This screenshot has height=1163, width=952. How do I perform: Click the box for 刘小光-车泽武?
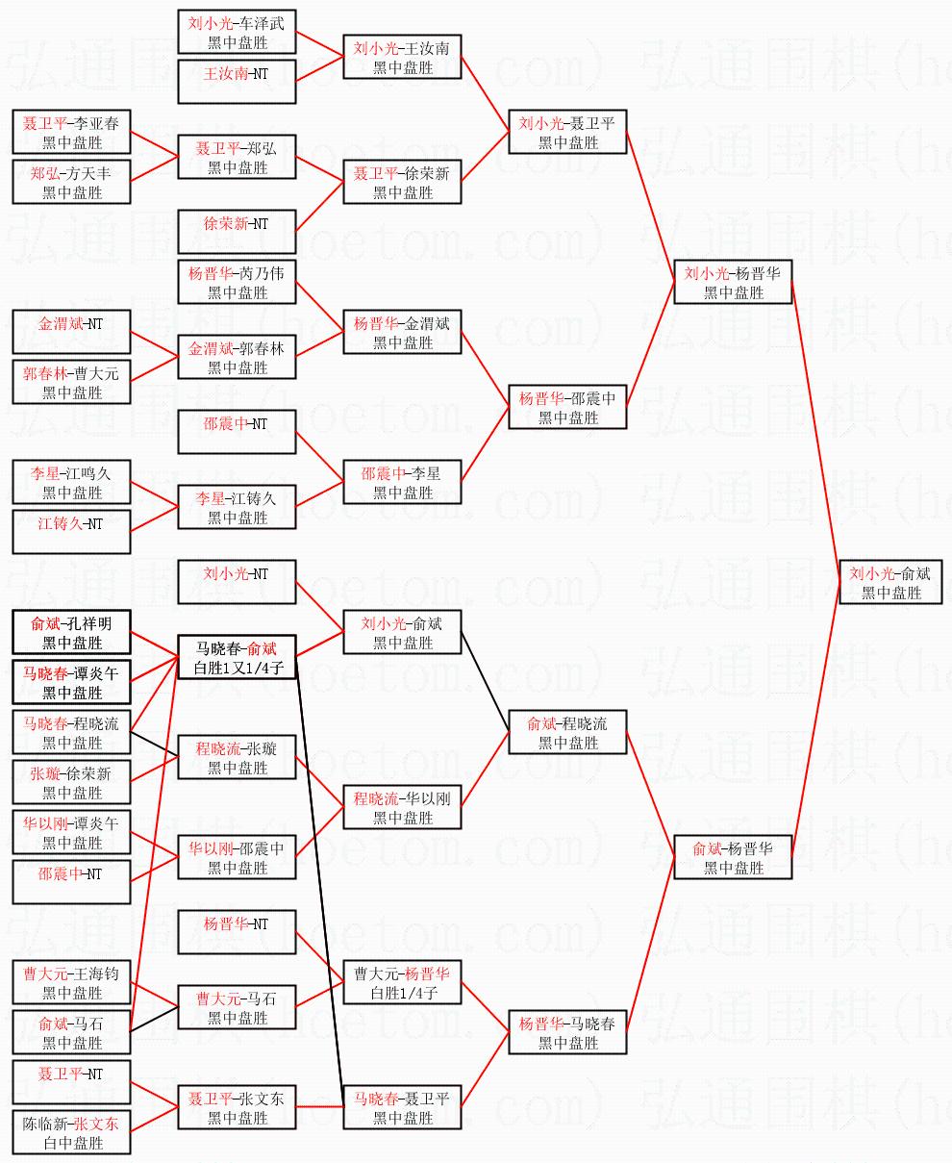(237, 32)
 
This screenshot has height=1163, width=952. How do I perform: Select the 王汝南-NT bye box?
(237, 81)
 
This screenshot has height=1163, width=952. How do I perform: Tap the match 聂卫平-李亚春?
(72, 132)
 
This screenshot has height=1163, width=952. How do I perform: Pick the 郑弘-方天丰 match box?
(72, 182)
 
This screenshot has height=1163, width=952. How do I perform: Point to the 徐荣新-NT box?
(237, 232)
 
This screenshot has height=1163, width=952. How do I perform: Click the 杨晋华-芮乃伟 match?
(237, 282)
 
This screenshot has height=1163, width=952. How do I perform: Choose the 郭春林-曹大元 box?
(72, 382)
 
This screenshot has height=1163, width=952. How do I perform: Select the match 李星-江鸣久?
(72, 482)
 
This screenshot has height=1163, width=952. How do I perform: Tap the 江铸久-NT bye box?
(72, 532)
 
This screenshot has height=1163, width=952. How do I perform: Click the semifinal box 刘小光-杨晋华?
(733, 282)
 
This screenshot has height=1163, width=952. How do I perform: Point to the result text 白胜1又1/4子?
(237, 668)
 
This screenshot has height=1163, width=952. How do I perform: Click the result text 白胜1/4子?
(403, 993)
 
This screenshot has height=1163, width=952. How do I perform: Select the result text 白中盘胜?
(72, 1143)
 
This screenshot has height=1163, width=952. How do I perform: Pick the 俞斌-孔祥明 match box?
(72, 632)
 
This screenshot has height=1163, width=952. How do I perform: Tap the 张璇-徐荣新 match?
(72, 782)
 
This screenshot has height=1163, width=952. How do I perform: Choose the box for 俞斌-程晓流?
(567, 732)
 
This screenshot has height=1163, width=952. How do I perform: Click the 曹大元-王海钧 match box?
(72, 982)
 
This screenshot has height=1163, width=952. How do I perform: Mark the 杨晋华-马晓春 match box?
(567, 1032)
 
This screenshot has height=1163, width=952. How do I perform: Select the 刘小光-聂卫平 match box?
(567, 132)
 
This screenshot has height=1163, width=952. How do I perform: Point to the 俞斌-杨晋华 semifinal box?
(733, 857)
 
